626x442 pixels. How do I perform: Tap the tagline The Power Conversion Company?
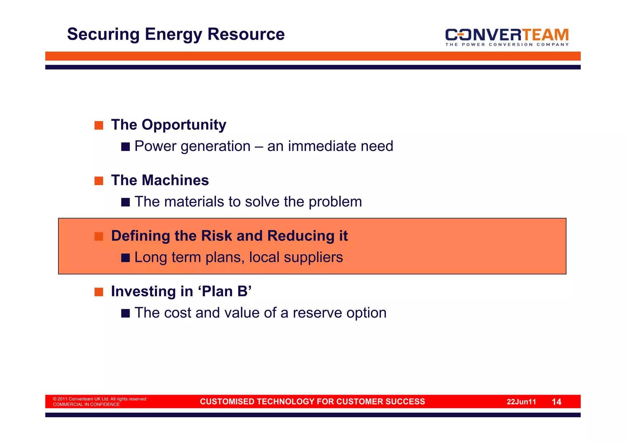tap(506, 45)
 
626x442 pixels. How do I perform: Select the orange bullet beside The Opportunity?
tap(99, 125)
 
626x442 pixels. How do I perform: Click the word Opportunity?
tap(184, 125)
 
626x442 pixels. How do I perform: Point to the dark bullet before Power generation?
tap(125, 147)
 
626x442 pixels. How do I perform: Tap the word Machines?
tap(175, 180)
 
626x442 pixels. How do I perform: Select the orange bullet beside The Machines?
tap(99, 181)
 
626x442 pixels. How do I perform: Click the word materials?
tap(194, 202)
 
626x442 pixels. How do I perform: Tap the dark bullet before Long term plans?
tap(125, 258)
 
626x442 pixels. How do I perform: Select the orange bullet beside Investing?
tap(99, 292)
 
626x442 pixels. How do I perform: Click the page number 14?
tap(556, 402)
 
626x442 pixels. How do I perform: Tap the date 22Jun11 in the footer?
tap(521, 402)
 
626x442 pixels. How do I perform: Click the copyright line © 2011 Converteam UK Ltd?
tap(99, 399)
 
